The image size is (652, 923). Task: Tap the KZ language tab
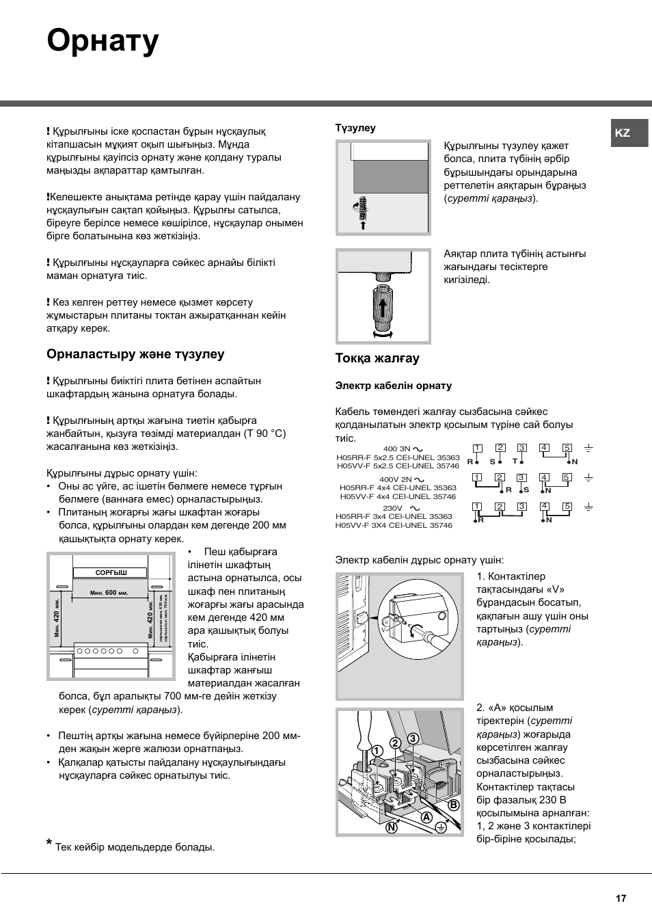click(623, 133)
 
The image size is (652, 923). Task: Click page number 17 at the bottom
click(621, 898)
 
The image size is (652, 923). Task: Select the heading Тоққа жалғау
click(377, 358)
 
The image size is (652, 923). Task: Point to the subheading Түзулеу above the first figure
click(355, 128)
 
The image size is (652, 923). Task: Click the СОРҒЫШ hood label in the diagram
click(111, 572)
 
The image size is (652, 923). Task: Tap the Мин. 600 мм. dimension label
click(109, 593)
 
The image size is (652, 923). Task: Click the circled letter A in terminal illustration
click(426, 817)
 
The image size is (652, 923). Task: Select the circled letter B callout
click(453, 805)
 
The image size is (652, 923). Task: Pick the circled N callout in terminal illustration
click(392, 827)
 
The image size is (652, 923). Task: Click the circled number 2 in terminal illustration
click(395, 743)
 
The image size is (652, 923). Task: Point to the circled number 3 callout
click(413, 738)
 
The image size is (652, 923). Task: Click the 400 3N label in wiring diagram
click(397, 449)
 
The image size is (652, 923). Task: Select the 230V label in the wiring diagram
click(393, 508)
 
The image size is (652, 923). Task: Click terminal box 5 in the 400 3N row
click(567, 448)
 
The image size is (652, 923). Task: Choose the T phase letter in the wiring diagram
click(515, 461)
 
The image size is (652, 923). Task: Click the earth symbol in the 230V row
click(588, 507)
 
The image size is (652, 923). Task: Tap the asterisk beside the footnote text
click(49, 846)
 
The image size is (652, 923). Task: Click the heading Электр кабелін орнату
click(393, 386)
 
